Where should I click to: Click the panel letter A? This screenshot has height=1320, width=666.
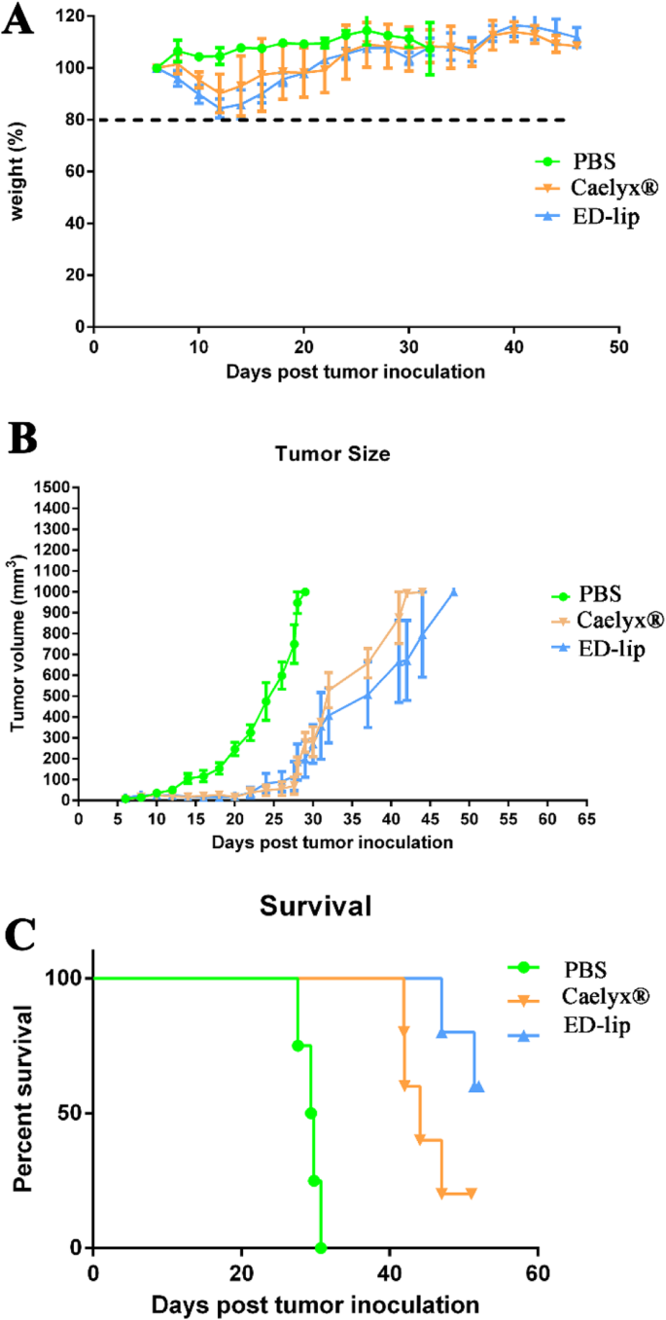coord(19,21)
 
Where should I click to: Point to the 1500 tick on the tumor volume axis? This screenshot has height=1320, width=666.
coord(53,487)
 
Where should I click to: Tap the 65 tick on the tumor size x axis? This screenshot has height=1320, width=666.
coord(585,818)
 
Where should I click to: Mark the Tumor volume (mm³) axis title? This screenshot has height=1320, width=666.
coord(17,643)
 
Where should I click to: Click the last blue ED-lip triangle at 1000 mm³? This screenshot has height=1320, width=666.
coord(453,591)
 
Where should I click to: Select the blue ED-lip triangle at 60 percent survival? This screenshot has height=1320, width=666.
coord(476,1087)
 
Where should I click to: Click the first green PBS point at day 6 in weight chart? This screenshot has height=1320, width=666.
coord(157,68)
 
